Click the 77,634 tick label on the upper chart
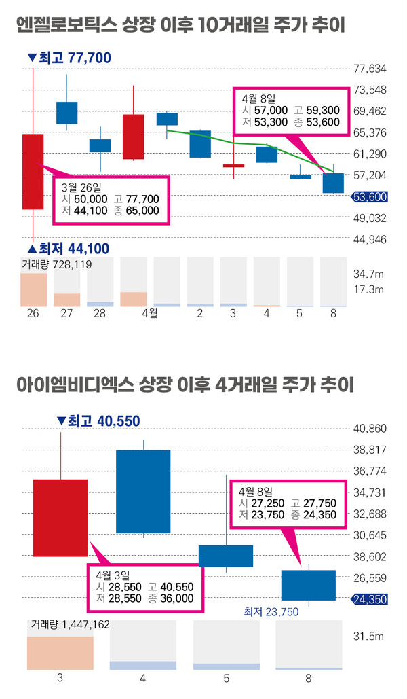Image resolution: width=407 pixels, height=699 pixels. point(371,69)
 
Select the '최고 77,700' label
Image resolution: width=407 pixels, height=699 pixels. point(69,58)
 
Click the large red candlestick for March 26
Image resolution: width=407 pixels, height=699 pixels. point(33,171)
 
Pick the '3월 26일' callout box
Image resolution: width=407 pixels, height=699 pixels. point(111,200)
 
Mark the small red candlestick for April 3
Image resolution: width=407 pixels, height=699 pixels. point(233,165)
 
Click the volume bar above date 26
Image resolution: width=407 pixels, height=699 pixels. point(33,289)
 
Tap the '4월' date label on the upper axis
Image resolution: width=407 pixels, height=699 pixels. point(149,314)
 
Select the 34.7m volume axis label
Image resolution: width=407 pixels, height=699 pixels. point(369,274)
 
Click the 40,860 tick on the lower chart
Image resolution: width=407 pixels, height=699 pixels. point(371,429)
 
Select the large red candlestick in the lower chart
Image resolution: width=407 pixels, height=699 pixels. point(60,518)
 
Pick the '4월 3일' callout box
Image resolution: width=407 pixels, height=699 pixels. point(144,586)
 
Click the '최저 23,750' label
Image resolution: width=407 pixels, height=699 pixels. point(271,611)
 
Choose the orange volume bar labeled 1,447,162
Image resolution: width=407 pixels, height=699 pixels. point(60,653)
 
